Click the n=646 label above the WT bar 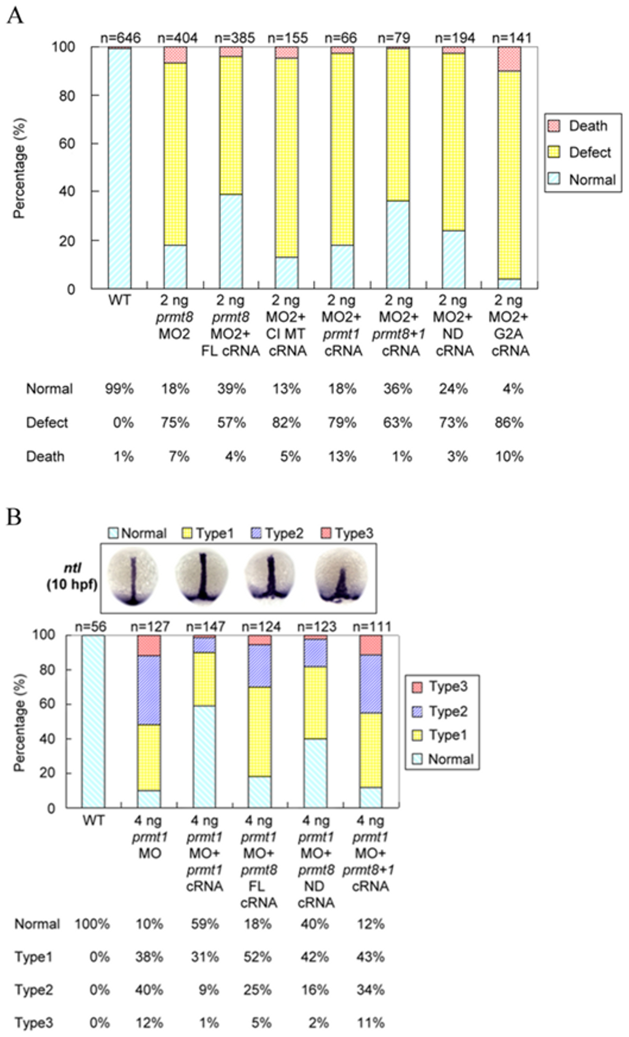[x=120, y=38]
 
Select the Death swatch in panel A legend [x=554, y=126]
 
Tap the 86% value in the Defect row [x=509, y=422]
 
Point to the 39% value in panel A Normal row [x=231, y=389]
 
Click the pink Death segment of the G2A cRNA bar [x=509, y=59]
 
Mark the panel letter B [x=14, y=517]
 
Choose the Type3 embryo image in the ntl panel [x=342, y=578]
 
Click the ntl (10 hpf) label [x=72, y=577]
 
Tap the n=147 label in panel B [x=206, y=627]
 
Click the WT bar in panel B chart [x=93, y=722]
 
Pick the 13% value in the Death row [x=342, y=456]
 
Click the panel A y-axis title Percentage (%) [x=19, y=168]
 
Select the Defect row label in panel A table [x=47, y=422]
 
